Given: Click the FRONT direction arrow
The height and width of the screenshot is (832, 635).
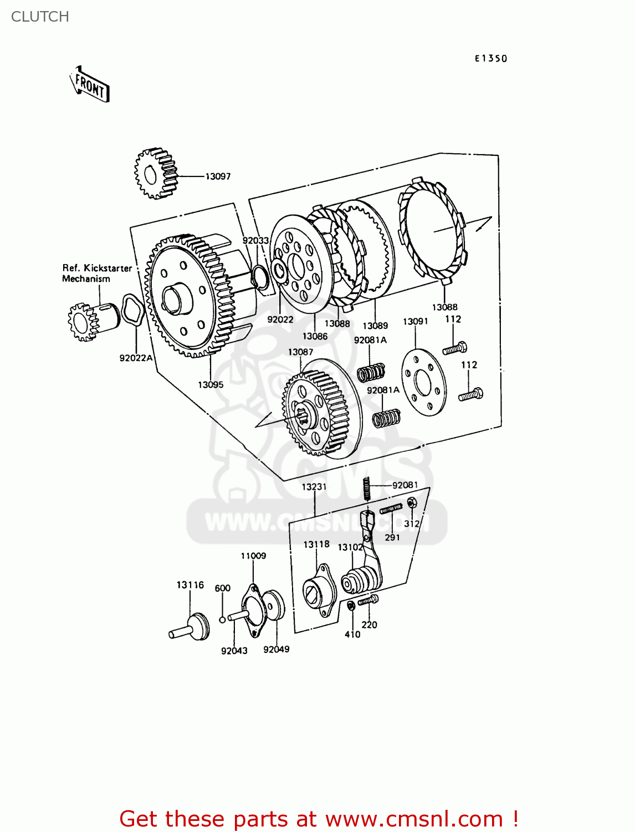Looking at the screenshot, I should tap(90, 84).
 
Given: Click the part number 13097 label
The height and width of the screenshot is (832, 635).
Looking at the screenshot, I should tap(218, 176).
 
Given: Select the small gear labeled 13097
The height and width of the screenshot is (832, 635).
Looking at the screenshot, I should tap(156, 173).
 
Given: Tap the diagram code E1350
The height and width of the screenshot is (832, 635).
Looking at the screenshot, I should tap(490, 58).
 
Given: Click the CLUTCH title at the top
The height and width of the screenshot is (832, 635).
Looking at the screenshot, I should tap(40, 17).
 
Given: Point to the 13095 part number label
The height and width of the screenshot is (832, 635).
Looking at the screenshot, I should tap(211, 384).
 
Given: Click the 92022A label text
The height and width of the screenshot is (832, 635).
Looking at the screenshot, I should tap(136, 358).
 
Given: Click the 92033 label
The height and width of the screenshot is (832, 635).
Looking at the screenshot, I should tap(255, 240).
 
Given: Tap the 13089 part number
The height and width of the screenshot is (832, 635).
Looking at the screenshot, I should tap(375, 326).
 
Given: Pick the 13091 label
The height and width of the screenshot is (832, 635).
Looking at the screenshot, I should tap(415, 321).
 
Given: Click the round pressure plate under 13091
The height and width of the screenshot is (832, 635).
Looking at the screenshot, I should tap(423, 382).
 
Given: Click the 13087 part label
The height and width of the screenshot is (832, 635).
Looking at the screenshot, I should tap(300, 352).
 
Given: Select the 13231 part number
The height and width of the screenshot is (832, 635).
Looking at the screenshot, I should tap(314, 486).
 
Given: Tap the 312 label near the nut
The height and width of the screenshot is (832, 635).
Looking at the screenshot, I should tap(412, 523).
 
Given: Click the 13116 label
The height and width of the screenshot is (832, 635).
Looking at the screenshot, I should tap(190, 585).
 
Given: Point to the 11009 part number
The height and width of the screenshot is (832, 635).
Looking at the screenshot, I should tap(253, 555).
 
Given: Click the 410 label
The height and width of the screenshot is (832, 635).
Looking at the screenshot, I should tap(352, 634).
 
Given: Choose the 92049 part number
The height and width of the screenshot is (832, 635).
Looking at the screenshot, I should tap(276, 649).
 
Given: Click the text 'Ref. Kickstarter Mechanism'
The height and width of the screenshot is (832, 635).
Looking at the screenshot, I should tap(96, 273).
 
